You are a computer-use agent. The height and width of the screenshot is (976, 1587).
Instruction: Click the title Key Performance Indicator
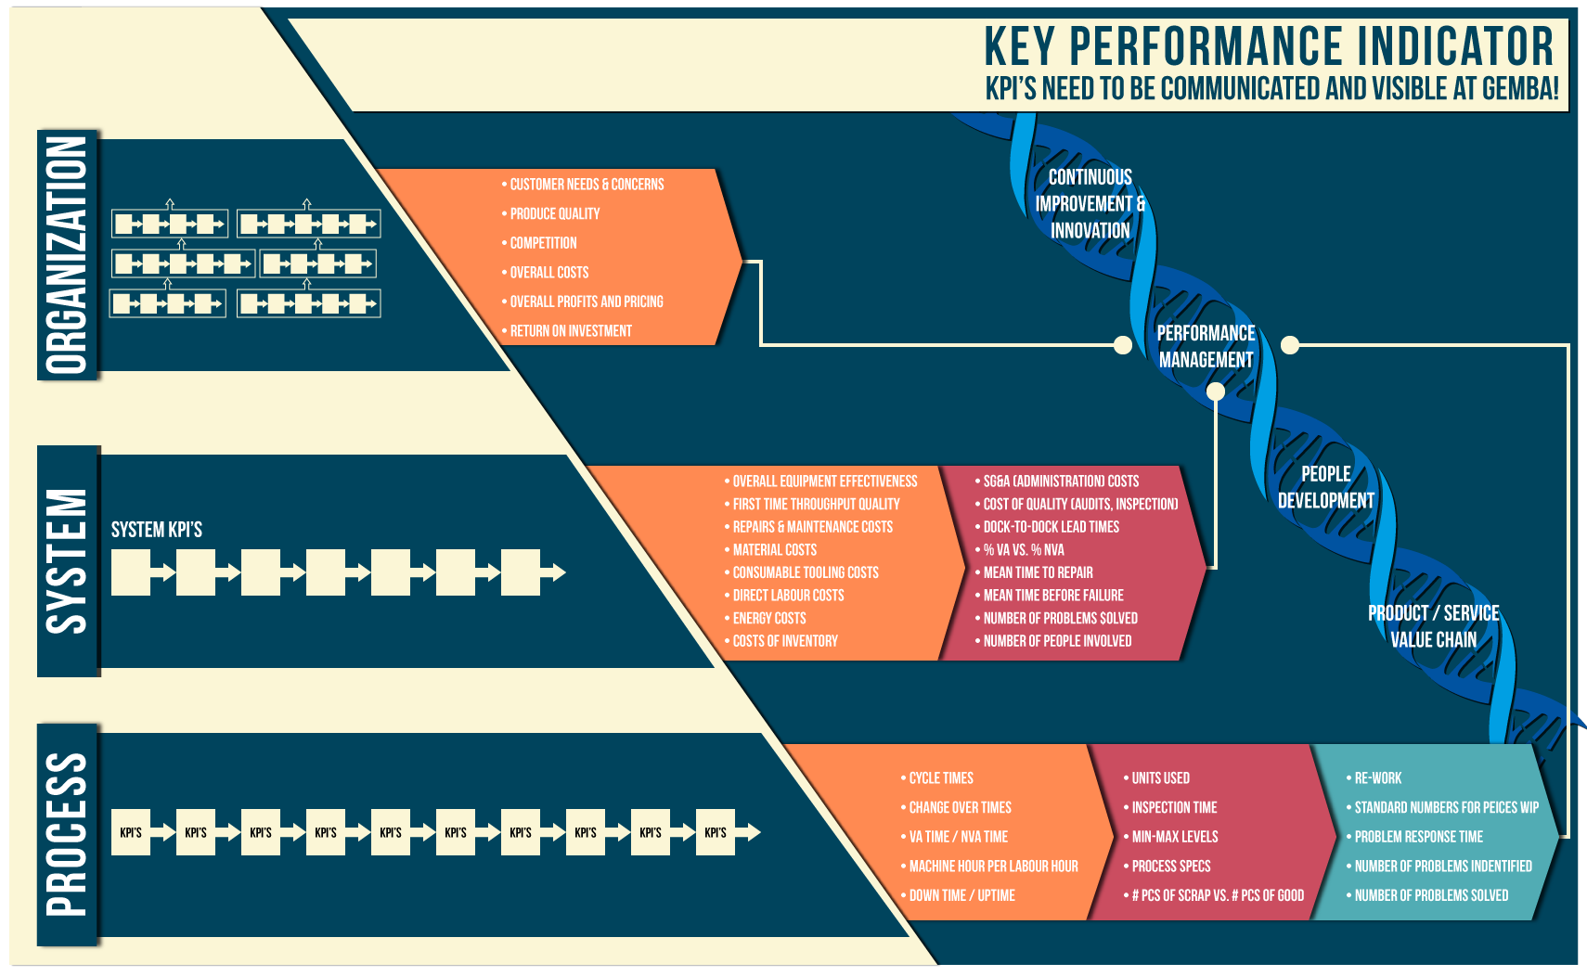1269,46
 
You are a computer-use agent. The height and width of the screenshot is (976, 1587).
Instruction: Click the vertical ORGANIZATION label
68,254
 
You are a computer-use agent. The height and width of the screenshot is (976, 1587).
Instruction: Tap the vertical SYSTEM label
68,561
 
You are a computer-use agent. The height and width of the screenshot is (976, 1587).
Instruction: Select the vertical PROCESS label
68,835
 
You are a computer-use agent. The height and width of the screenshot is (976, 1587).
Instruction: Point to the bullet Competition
543,243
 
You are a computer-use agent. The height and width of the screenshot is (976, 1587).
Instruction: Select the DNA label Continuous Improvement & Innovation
1090,203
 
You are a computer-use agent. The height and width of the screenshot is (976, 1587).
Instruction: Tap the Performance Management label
1206,346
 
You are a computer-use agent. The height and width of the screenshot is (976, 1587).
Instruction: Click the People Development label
1325,487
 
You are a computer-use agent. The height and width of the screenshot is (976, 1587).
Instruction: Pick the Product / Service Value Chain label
1433,626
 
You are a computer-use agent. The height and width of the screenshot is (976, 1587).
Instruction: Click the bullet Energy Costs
768,619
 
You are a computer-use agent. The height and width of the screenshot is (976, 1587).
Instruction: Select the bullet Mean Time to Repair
1038,572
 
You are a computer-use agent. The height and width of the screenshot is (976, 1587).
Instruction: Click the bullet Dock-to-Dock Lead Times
1051,527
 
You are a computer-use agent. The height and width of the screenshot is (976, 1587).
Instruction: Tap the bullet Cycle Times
941,778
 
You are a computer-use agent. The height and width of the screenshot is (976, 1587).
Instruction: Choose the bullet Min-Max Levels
1174,837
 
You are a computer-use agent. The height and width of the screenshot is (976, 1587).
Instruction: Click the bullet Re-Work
1377,778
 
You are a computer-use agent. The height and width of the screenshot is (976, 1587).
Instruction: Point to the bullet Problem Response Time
1418,837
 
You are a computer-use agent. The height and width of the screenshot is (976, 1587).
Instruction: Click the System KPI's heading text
157,530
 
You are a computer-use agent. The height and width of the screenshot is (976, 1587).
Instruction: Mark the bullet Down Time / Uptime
961,895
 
